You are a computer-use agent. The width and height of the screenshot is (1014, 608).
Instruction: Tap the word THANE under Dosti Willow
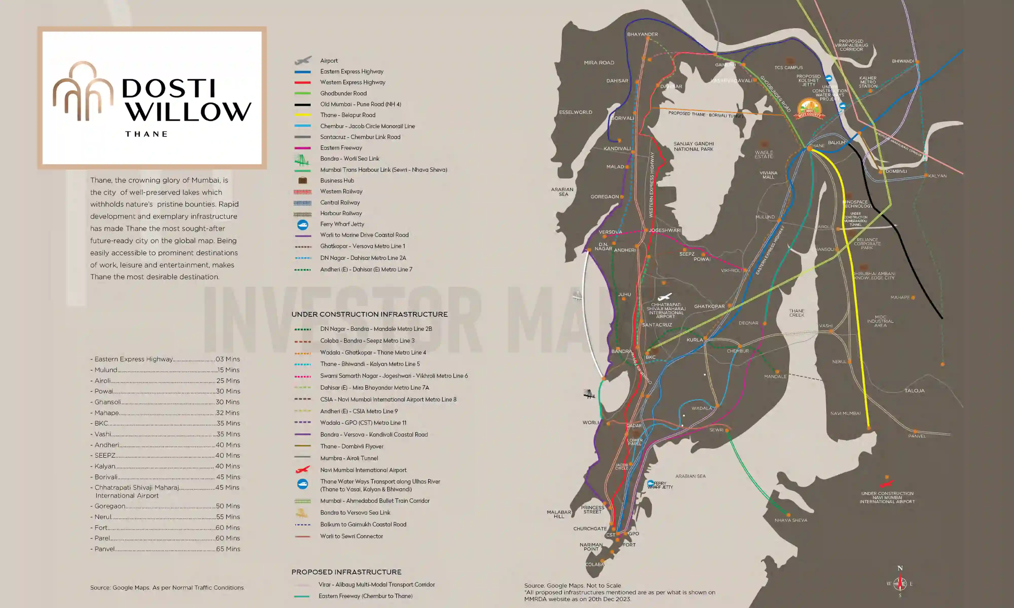(146, 134)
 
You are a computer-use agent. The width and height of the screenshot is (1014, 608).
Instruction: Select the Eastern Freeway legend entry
(341, 148)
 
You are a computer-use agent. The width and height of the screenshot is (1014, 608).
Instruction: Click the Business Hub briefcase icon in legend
(302, 181)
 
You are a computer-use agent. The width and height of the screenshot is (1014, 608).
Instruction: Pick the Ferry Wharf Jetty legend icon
(302, 224)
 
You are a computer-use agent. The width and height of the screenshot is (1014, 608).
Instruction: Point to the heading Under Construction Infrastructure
(369, 314)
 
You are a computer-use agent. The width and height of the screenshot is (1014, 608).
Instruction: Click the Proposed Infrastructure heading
(346, 572)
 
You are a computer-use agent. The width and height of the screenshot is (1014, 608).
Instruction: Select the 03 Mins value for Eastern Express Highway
(228, 359)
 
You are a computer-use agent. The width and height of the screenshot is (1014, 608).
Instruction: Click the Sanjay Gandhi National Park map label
(694, 146)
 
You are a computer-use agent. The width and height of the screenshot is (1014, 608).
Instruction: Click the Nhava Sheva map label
(791, 520)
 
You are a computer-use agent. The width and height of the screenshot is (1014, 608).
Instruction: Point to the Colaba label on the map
(594, 565)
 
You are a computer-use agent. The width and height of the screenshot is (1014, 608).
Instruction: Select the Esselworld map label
(575, 112)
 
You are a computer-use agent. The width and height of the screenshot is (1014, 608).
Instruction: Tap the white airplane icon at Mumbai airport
(665, 297)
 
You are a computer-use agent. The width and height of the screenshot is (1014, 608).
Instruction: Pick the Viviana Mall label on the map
(768, 175)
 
